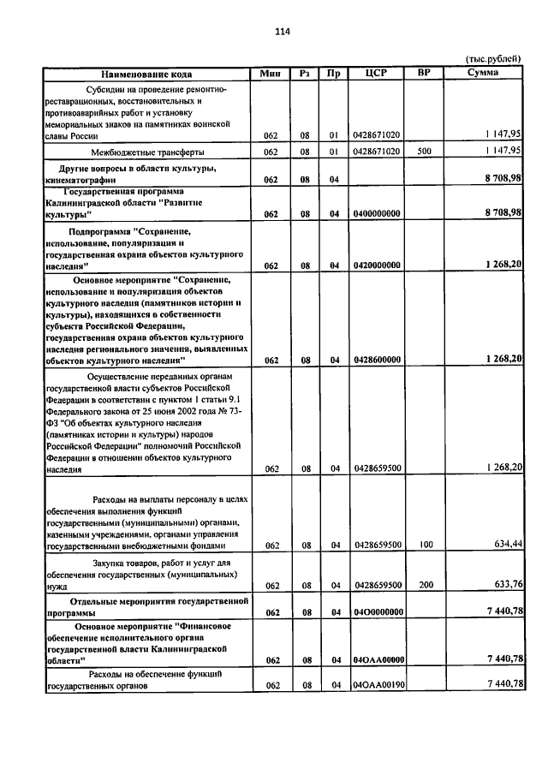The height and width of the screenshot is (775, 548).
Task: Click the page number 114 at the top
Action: tap(283, 33)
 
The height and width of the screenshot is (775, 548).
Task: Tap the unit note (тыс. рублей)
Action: tap(492, 59)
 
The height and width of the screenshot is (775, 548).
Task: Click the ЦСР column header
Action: tap(377, 74)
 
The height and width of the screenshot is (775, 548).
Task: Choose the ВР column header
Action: tap(423, 74)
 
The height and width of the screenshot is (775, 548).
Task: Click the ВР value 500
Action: tap(423, 152)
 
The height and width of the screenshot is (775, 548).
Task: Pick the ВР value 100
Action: tap(423, 545)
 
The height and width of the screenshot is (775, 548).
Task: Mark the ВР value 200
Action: tap(423, 586)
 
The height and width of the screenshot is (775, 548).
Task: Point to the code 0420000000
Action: tap(377, 265)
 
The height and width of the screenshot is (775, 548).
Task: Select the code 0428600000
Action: tap(377, 360)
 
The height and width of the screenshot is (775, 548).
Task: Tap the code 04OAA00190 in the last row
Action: tap(377, 685)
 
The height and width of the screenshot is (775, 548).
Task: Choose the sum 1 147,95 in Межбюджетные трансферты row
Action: tap(502, 151)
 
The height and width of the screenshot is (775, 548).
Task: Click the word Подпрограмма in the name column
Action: tap(100, 232)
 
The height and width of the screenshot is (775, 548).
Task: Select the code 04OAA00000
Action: tap(377, 659)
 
